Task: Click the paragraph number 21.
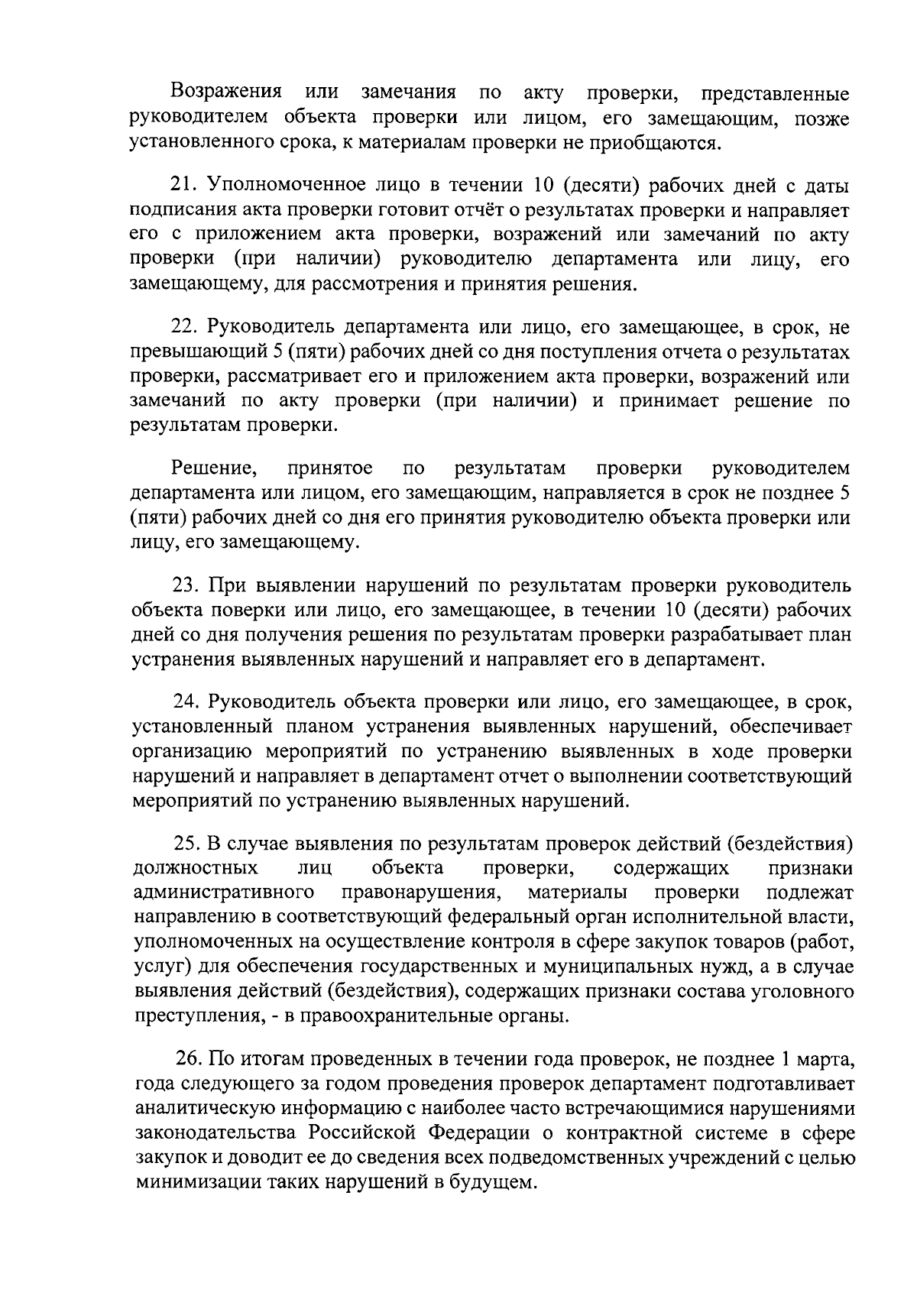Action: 184,186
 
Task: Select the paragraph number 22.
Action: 184,328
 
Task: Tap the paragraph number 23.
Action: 185,586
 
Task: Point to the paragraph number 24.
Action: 185,702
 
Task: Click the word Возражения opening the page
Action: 225,92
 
